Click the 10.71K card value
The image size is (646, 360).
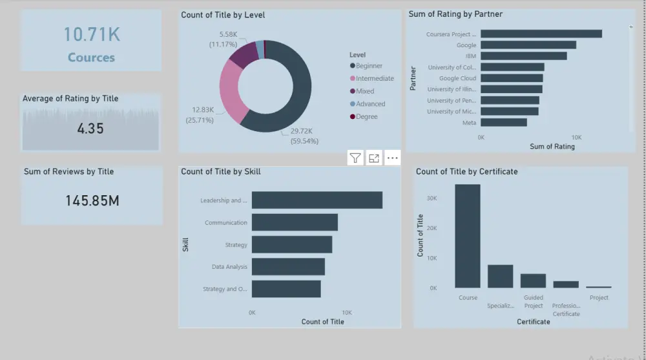pos(91,34)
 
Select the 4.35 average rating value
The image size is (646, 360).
pos(90,129)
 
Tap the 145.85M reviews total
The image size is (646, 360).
pos(92,201)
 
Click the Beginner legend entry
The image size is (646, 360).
pos(369,66)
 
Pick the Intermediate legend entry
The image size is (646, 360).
pos(374,79)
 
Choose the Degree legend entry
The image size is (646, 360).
pos(366,117)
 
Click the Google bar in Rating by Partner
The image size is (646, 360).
pos(528,45)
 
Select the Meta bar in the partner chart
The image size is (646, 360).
pos(503,122)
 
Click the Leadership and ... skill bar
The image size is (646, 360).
pos(317,200)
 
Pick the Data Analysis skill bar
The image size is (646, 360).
pos(288,267)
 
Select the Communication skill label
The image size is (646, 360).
pos(226,223)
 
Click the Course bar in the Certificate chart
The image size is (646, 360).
pos(468,236)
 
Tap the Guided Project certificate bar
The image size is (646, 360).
pos(533,281)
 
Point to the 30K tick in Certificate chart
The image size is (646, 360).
pos(433,198)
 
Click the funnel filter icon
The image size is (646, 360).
pos(355,158)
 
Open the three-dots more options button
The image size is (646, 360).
pos(392,158)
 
